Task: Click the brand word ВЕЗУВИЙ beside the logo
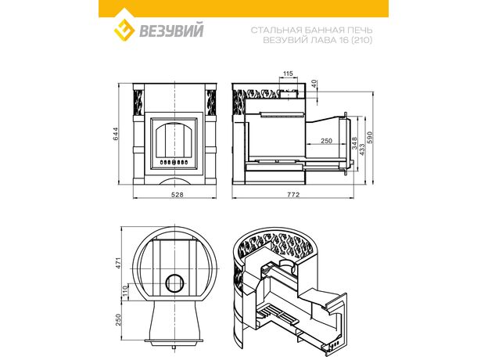click(170, 31)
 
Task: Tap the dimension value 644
click(116, 134)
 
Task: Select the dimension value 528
click(178, 195)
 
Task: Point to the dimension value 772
click(293, 195)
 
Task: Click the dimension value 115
click(289, 74)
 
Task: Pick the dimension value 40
click(314, 83)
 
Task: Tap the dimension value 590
click(370, 137)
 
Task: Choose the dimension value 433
click(362, 149)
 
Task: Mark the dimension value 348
click(354, 143)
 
